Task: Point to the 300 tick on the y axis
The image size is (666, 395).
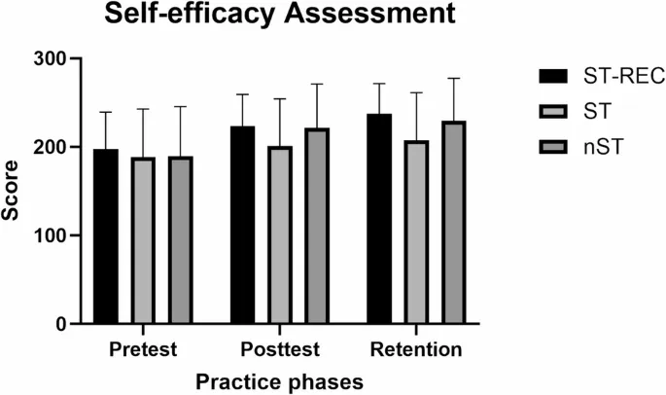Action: coord(52,58)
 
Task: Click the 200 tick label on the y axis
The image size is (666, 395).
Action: coord(52,147)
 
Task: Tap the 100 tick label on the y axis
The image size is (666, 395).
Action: coord(52,235)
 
